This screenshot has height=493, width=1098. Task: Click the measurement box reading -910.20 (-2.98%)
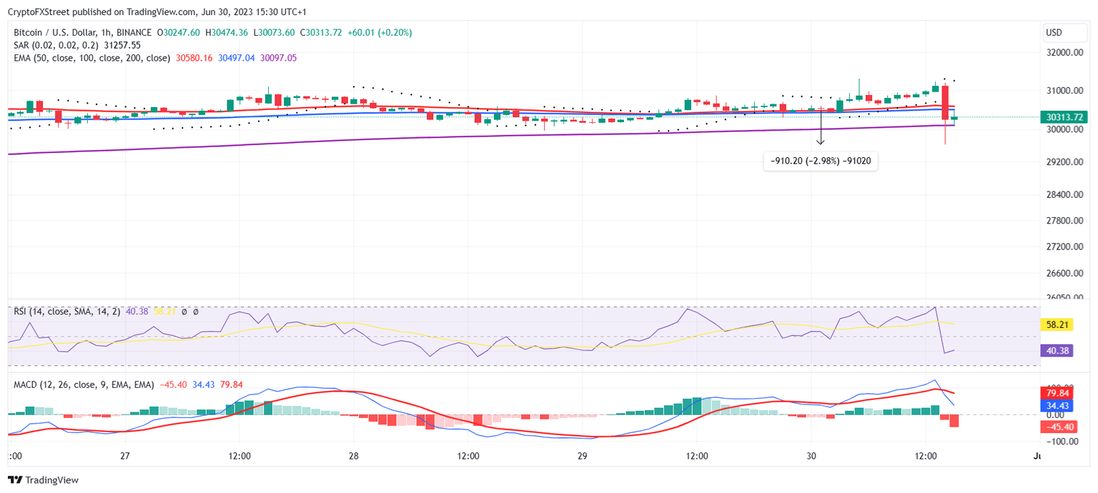point(821,161)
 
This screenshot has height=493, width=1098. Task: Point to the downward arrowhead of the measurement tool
point(821,142)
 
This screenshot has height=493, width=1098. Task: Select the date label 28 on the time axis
point(353,456)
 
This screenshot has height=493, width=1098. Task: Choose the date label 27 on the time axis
point(125,456)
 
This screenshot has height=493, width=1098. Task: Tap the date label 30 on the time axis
point(811,456)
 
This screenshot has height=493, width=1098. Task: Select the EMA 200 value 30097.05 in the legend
point(278,58)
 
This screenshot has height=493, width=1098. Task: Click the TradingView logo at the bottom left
point(44,480)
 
